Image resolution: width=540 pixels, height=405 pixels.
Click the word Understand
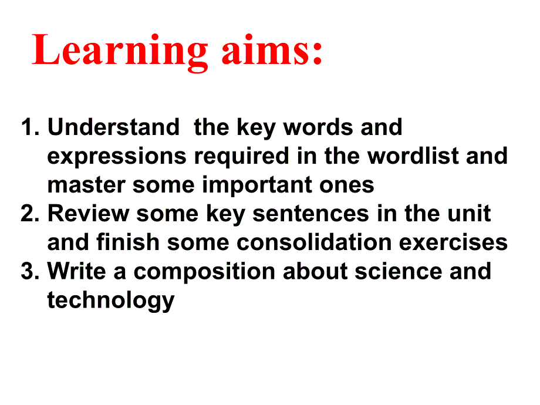pyautogui.click(x=113, y=127)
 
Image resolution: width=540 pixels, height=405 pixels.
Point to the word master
pyautogui.click(x=86, y=185)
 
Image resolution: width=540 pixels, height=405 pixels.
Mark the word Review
pyautogui.click(x=87, y=214)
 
